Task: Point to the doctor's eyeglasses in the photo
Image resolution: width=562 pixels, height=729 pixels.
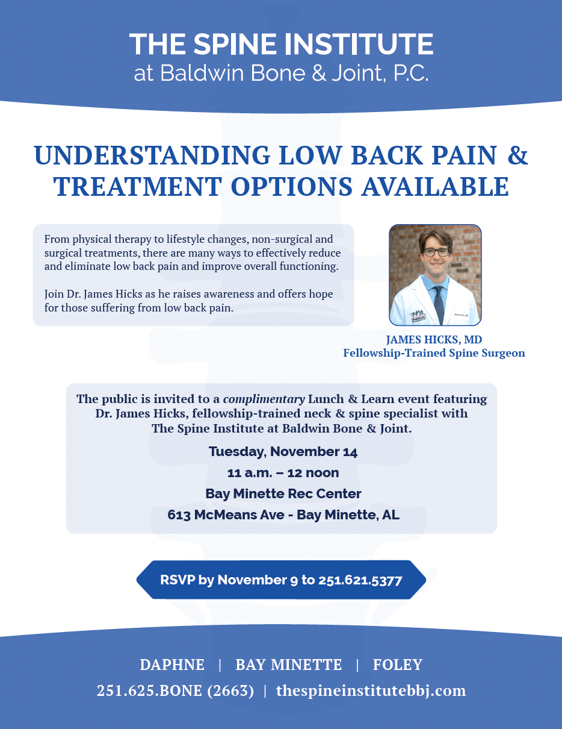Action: (435, 252)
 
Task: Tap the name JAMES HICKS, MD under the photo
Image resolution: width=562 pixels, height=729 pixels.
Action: (434, 340)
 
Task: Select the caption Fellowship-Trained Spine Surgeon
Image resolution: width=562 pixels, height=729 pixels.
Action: (434, 353)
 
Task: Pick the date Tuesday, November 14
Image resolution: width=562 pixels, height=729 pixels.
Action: (283, 452)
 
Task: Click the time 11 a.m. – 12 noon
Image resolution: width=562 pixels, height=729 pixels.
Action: (283, 473)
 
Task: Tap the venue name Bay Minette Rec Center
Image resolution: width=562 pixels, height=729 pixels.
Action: (283, 494)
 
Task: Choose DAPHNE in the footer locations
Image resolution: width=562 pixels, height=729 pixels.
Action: (172, 665)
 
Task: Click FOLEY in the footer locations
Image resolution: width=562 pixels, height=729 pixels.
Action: (398, 665)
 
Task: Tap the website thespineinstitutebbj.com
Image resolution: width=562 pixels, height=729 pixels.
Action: (371, 691)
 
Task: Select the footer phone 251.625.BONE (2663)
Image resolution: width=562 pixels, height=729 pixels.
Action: (175, 691)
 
